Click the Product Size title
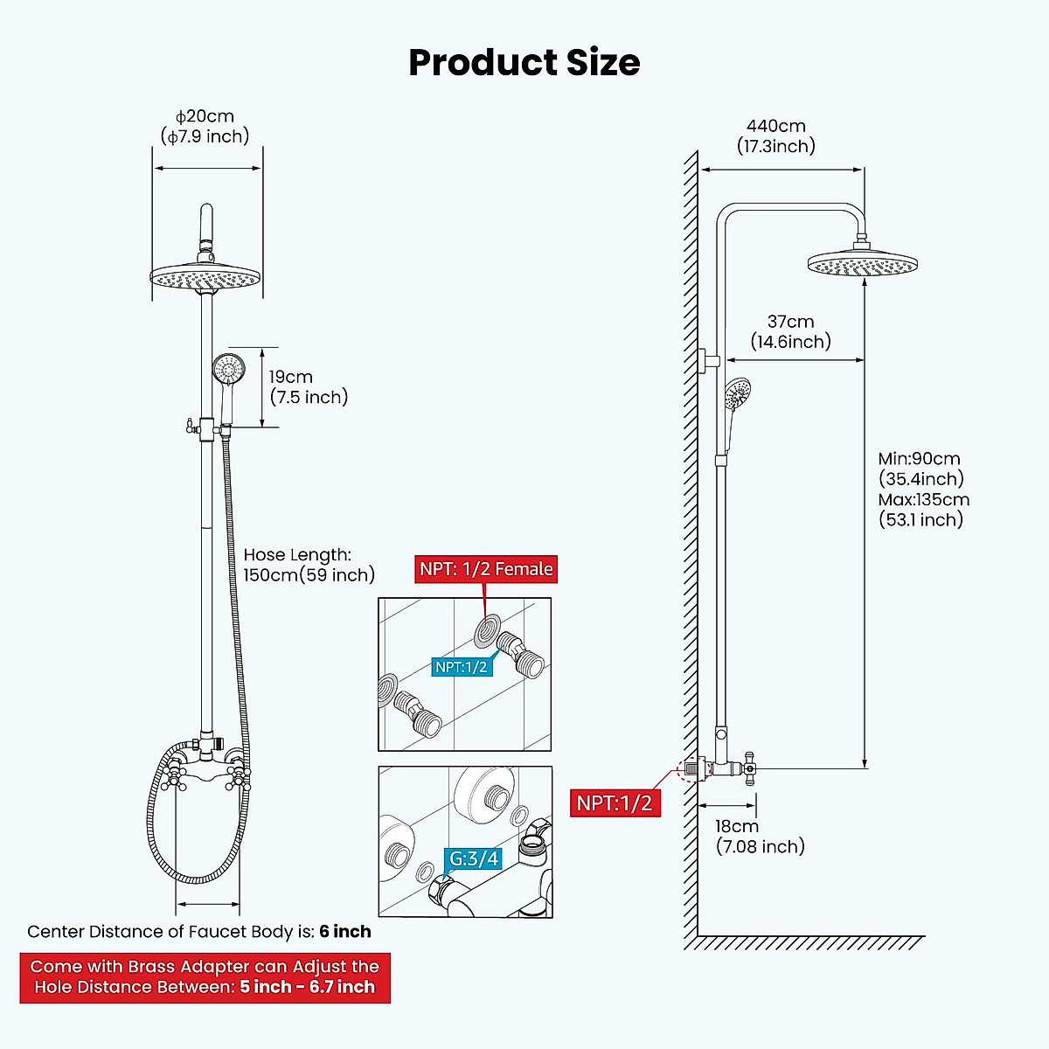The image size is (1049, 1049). [524, 63]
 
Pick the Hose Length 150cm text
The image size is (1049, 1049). [309, 565]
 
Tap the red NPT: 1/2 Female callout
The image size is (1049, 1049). [486, 569]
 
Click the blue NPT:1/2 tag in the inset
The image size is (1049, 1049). [462, 667]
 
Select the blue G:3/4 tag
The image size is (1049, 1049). [473, 859]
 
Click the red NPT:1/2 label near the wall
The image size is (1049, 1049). [615, 802]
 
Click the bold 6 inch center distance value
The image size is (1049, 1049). [344, 932]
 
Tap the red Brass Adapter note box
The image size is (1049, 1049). [205, 977]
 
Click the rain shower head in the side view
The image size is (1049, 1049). [863, 264]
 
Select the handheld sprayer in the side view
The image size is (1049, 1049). [738, 396]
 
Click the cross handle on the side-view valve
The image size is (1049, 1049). [748, 768]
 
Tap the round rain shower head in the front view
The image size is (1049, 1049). [207, 279]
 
